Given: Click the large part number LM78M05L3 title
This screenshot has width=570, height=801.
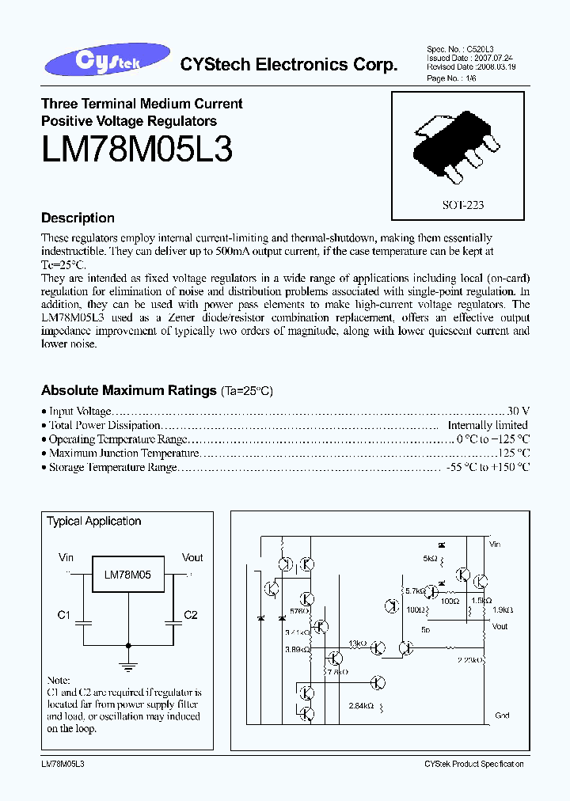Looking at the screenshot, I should (x=136, y=148).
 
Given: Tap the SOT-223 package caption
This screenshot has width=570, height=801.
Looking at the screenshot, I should (x=462, y=204).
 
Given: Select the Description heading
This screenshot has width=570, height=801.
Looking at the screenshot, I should (x=78, y=218).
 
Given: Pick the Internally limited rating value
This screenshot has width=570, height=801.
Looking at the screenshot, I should (x=488, y=425).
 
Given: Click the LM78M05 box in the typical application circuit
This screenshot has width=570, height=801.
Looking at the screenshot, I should (x=128, y=576).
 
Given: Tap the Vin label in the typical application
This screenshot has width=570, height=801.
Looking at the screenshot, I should (x=66, y=557).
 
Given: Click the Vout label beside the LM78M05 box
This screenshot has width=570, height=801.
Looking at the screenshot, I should (x=192, y=557).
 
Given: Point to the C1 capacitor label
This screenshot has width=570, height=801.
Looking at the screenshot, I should (x=65, y=615).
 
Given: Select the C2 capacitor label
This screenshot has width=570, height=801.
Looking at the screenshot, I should (x=191, y=615).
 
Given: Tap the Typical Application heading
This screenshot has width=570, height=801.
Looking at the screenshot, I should (x=93, y=521).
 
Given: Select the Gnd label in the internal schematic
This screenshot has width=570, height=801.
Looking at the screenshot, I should (x=502, y=715).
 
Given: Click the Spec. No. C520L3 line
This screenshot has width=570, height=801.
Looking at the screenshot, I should (x=460, y=49).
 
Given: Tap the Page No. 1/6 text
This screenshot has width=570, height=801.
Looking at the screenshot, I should (x=453, y=78).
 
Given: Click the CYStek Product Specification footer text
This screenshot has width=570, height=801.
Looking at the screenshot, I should (x=473, y=764).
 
